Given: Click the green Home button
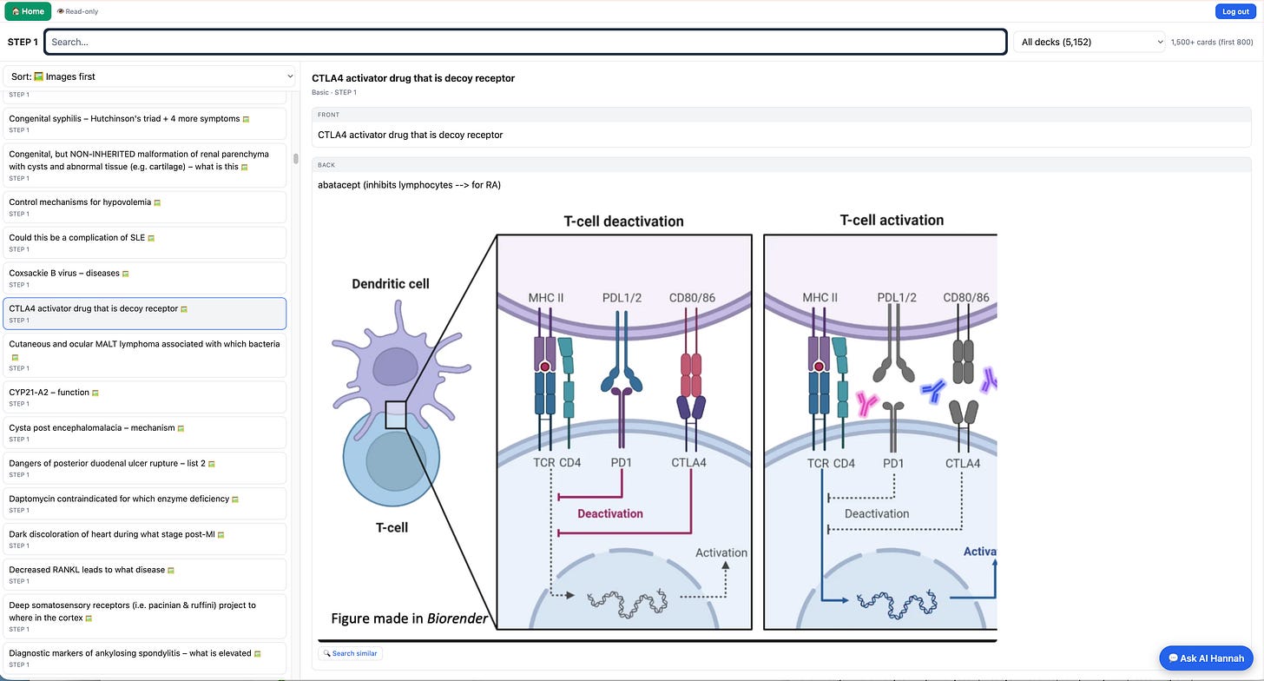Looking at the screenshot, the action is coord(28,11).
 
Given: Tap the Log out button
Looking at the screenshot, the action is coord(1235,11).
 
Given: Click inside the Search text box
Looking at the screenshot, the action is coord(525,42).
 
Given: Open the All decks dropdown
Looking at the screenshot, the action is coord(1089,42).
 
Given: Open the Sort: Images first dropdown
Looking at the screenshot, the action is coord(149,76).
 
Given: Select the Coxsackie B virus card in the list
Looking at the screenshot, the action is coord(144,278).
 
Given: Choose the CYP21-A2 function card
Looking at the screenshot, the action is coord(144,397).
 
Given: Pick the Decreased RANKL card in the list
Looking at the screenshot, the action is coord(144,574).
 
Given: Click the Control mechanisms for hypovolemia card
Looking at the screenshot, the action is coord(144,207).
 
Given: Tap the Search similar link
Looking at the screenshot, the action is coord(351,653).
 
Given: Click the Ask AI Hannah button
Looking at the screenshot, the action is coord(1206,658).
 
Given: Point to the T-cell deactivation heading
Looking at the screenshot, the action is coord(623,221).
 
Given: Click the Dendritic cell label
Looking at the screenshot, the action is coord(391,283).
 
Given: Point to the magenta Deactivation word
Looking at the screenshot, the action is coord(610,513).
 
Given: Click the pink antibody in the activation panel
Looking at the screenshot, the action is coord(866,403).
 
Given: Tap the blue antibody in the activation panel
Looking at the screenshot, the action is coord(933,390).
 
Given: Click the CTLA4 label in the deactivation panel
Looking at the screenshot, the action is coord(688,462).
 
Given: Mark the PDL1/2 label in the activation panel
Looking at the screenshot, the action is coord(897,298).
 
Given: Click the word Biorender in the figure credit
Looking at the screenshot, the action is coord(457,618).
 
